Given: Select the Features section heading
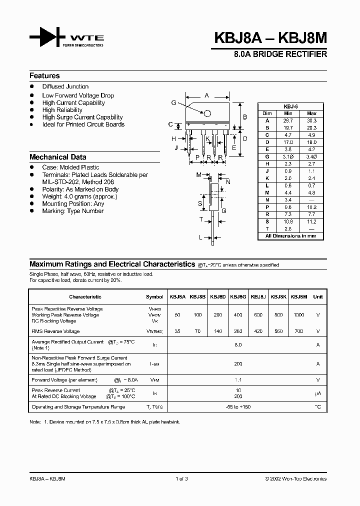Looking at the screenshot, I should click(44, 76).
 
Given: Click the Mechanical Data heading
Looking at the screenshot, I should click(57, 157).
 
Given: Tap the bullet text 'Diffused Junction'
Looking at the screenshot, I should click(65, 86).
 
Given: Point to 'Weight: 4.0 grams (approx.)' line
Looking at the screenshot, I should click(79, 196).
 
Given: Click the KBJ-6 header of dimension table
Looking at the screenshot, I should click(290, 106).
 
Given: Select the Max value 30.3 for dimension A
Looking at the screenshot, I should click(311, 120).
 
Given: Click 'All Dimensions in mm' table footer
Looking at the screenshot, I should click(290, 235).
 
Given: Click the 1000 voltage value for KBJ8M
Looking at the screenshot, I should click(298, 315).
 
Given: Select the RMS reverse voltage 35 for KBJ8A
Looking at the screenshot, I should click(177, 331).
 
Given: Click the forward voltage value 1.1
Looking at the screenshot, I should click(238, 379).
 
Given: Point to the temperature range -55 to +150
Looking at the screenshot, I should click(238, 407).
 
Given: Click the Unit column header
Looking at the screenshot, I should click(317, 296).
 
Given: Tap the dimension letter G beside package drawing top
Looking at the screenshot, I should click(173, 102).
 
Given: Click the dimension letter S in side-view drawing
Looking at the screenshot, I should click(200, 204).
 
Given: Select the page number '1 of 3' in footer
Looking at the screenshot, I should click(181, 478).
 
